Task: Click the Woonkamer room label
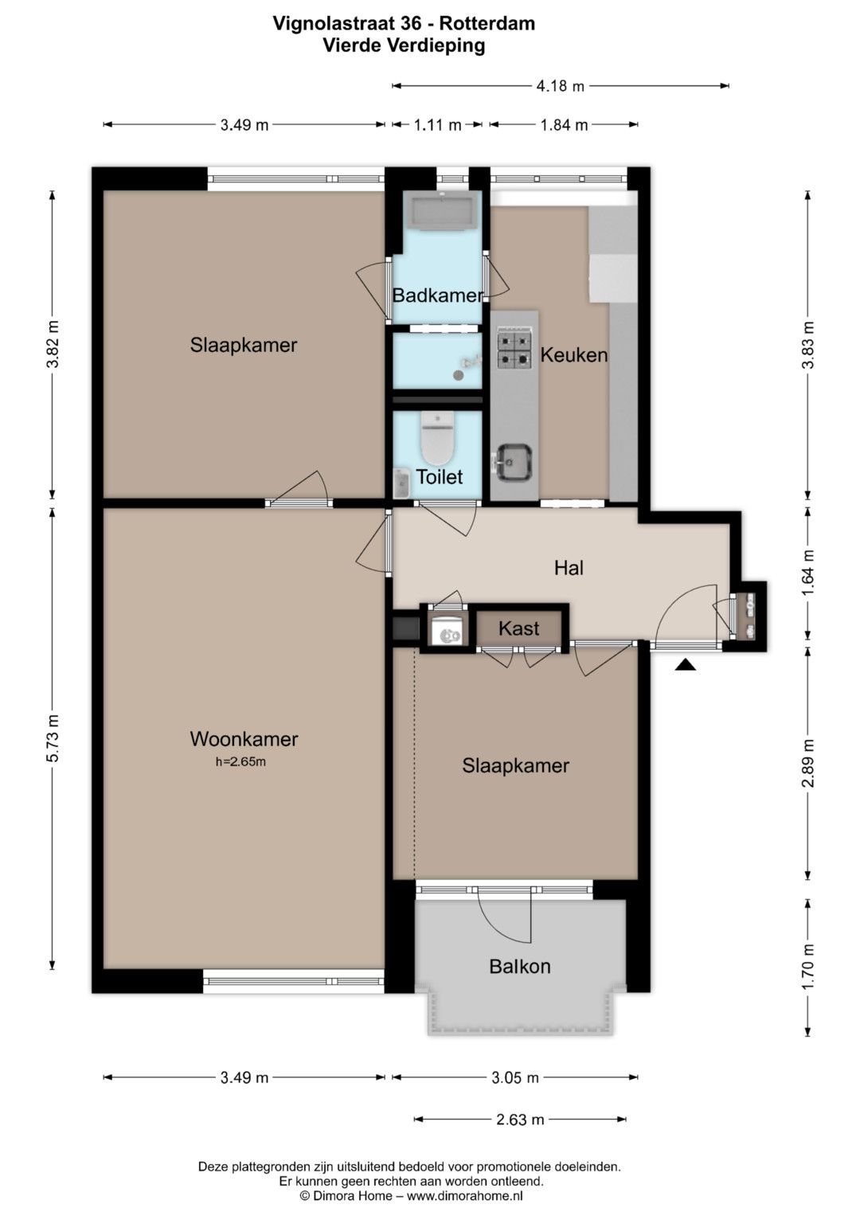point(244,739)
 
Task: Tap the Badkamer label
point(438,295)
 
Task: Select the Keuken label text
point(574,355)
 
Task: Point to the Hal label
point(569,568)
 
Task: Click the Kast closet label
point(518,628)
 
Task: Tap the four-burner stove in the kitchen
point(514,350)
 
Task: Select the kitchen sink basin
point(513,462)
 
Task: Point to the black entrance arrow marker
point(685,664)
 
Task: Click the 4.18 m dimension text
point(561,86)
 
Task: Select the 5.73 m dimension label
point(53,739)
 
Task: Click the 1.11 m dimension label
point(438,125)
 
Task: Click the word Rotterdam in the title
point(487,23)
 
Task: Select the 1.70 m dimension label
point(808,967)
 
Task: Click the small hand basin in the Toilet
point(401,483)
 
